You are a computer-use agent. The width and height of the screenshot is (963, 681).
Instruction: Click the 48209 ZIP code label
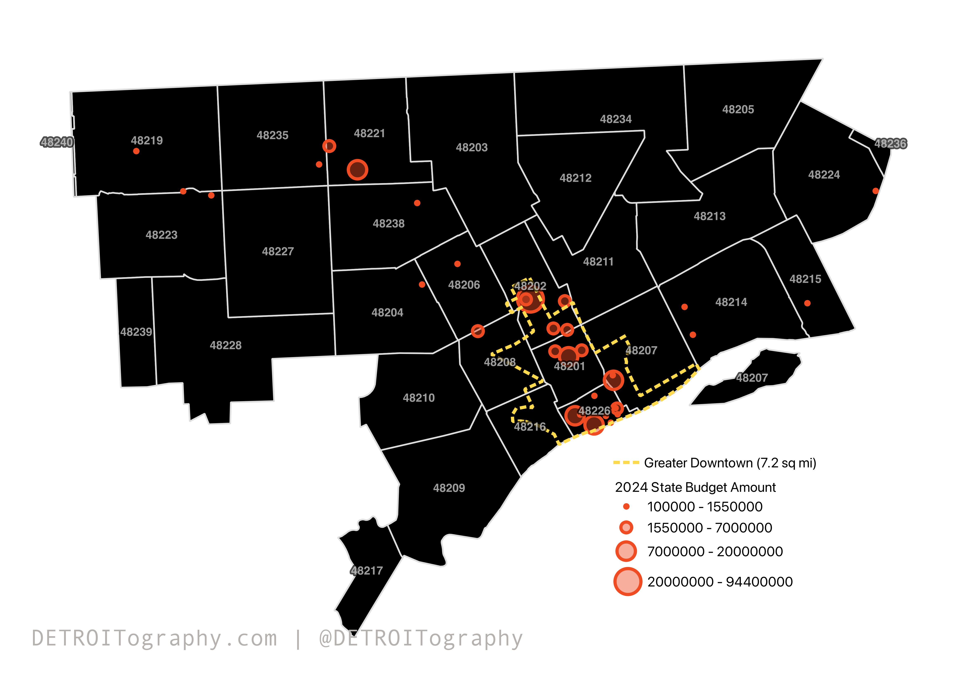pos(449,488)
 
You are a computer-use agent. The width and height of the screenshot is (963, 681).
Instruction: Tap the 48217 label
pos(367,571)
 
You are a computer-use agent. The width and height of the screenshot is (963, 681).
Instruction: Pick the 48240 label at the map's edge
pos(57,142)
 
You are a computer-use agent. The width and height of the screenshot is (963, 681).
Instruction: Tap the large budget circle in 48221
pos(357,170)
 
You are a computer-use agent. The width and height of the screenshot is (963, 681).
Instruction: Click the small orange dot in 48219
pos(136,151)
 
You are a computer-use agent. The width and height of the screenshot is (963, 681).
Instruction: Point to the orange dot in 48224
pos(875,191)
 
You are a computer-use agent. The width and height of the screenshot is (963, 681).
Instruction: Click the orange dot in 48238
pos(417,203)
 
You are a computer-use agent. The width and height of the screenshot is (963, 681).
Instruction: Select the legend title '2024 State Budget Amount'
pos(695,487)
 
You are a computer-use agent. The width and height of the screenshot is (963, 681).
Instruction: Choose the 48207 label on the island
pos(752,378)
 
